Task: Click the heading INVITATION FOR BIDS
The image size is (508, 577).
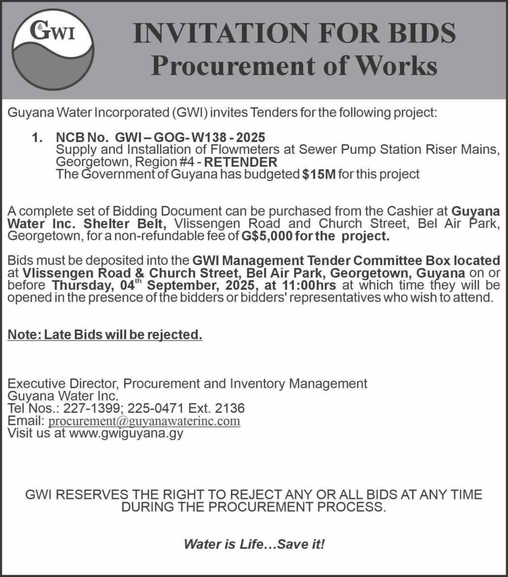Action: pyautogui.click(x=294, y=34)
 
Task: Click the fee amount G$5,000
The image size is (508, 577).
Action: pyautogui.click(x=264, y=236)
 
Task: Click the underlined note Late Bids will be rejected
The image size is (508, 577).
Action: pyautogui.click(x=123, y=335)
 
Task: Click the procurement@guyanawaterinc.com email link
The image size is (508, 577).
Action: pyautogui.click(x=144, y=421)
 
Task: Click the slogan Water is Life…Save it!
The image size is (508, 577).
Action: pyautogui.click(x=254, y=544)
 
